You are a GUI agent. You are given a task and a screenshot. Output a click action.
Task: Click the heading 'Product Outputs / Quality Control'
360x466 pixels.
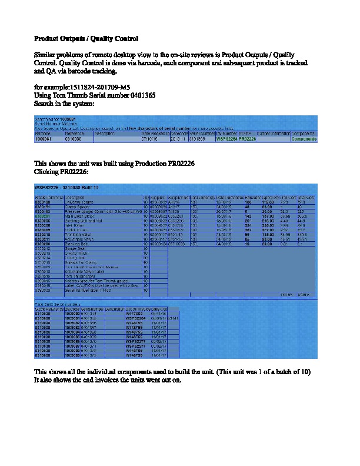86,39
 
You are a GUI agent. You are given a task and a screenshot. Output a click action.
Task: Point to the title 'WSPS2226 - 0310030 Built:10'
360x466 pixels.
66,187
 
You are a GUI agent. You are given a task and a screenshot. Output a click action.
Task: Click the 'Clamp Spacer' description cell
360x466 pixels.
79,207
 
